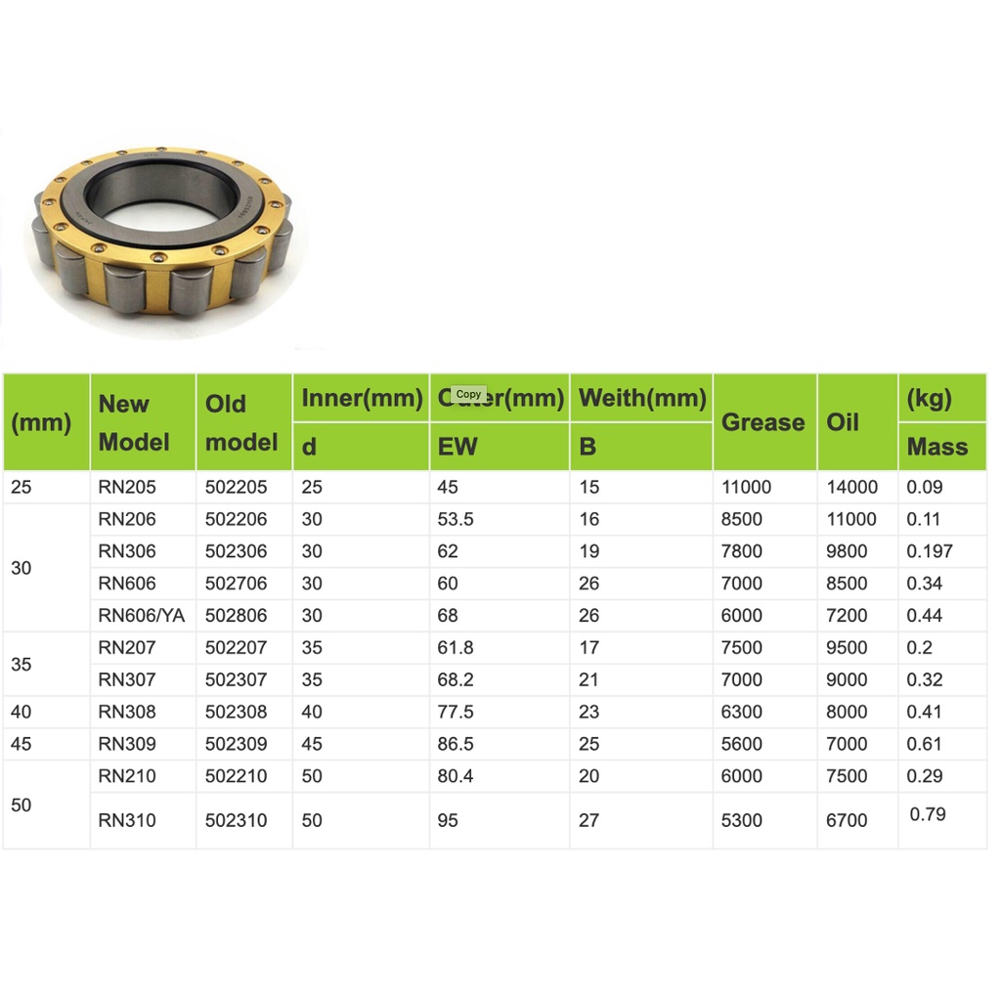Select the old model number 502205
[x=236, y=487]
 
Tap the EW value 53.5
[x=455, y=519]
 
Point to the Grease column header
[x=762, y=422]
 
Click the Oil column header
[x=843, y=422]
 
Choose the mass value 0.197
[x=929, y=551]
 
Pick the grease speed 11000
[x=746, y=487]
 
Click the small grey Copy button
[x=468, y=394]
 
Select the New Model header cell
[x=134, y=422]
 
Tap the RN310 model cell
[x=127, y=820]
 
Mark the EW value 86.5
[x=455, y=744]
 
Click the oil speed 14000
[x=851, y=487]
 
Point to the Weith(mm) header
[x=641, y=399]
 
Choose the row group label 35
[x=22, y=664]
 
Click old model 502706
[x=236, y=584]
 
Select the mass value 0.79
[x=927, y=814]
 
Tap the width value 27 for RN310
[x=588, y=820]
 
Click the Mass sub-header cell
[x=936, y=447]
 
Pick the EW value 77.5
[x=455, y=712]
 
